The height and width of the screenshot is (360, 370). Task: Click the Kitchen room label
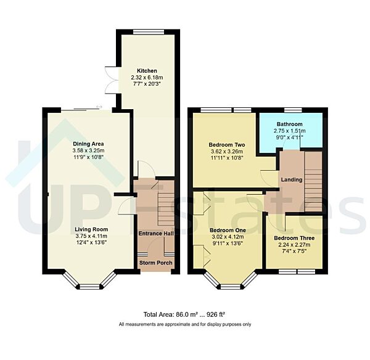pyautogui.click(x=147, y=71)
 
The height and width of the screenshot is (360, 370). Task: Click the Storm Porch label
pyautogui.click(x=155, y=264)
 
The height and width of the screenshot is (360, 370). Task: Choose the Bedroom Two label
pyautogui.click(x=223, y=145)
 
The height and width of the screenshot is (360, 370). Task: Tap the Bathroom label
pyautogui.click(x=289, y=124)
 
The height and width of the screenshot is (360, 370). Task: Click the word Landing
pyautogui.click(x=291, y=180)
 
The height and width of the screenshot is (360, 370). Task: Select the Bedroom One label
pyautogui.click(x=228, y=230)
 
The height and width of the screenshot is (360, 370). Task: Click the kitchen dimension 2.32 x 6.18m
pyautogui.click(x=147, y=78)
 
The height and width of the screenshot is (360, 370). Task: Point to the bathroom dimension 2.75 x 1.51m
pyautogui.click(x=289, y=131)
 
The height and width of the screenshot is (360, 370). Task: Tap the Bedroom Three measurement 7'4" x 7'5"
pyautogui.click(x=294, y=252)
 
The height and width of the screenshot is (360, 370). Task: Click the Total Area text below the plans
pyautogui.click(x=185, y=314)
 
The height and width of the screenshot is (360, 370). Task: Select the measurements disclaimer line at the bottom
pyautogui.click(x=185, y=324)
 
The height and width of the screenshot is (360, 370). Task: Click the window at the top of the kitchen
pyautogui.click(x=147, y=32)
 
